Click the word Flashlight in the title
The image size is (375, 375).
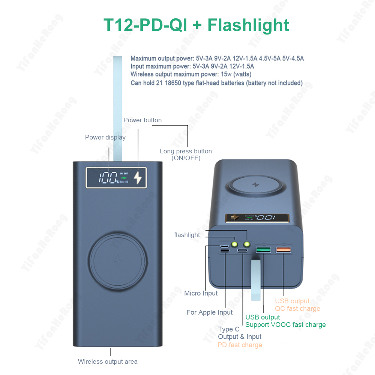248,25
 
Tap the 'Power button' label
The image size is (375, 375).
142,120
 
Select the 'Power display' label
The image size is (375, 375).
105,137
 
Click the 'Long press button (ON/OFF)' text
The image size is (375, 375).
186,154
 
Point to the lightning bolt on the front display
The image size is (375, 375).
138,178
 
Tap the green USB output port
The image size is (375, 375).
263,250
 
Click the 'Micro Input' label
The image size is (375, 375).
201,293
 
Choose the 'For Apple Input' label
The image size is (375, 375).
210,312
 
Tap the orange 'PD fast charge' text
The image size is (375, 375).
240,345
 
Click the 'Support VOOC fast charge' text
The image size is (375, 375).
286,325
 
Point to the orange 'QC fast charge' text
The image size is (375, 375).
298,309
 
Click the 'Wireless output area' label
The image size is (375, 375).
108,361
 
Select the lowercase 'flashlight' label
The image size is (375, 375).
187,235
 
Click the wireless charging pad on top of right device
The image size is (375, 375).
255,185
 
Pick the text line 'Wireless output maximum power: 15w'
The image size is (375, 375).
191,74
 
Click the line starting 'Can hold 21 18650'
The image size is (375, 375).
216,83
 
